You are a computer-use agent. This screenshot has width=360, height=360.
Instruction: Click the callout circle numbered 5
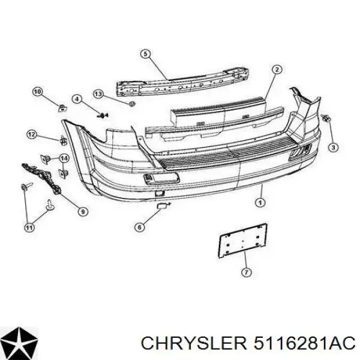[146, 55]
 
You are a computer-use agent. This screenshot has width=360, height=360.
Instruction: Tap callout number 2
[277, 70]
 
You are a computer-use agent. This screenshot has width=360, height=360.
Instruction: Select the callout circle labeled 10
[38, 92]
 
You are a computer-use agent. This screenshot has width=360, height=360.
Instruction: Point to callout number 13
[98, 94]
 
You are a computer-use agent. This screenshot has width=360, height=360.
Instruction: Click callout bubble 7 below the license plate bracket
[247, 272]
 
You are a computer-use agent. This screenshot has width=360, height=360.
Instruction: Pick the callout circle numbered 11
[29, 227]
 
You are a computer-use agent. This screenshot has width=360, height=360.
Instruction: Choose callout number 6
[140, 227]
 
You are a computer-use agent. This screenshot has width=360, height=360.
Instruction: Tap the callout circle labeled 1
[260, 203]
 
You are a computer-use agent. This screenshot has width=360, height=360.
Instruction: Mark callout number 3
[334, 147]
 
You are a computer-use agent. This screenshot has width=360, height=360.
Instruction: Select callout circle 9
[83, 211]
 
